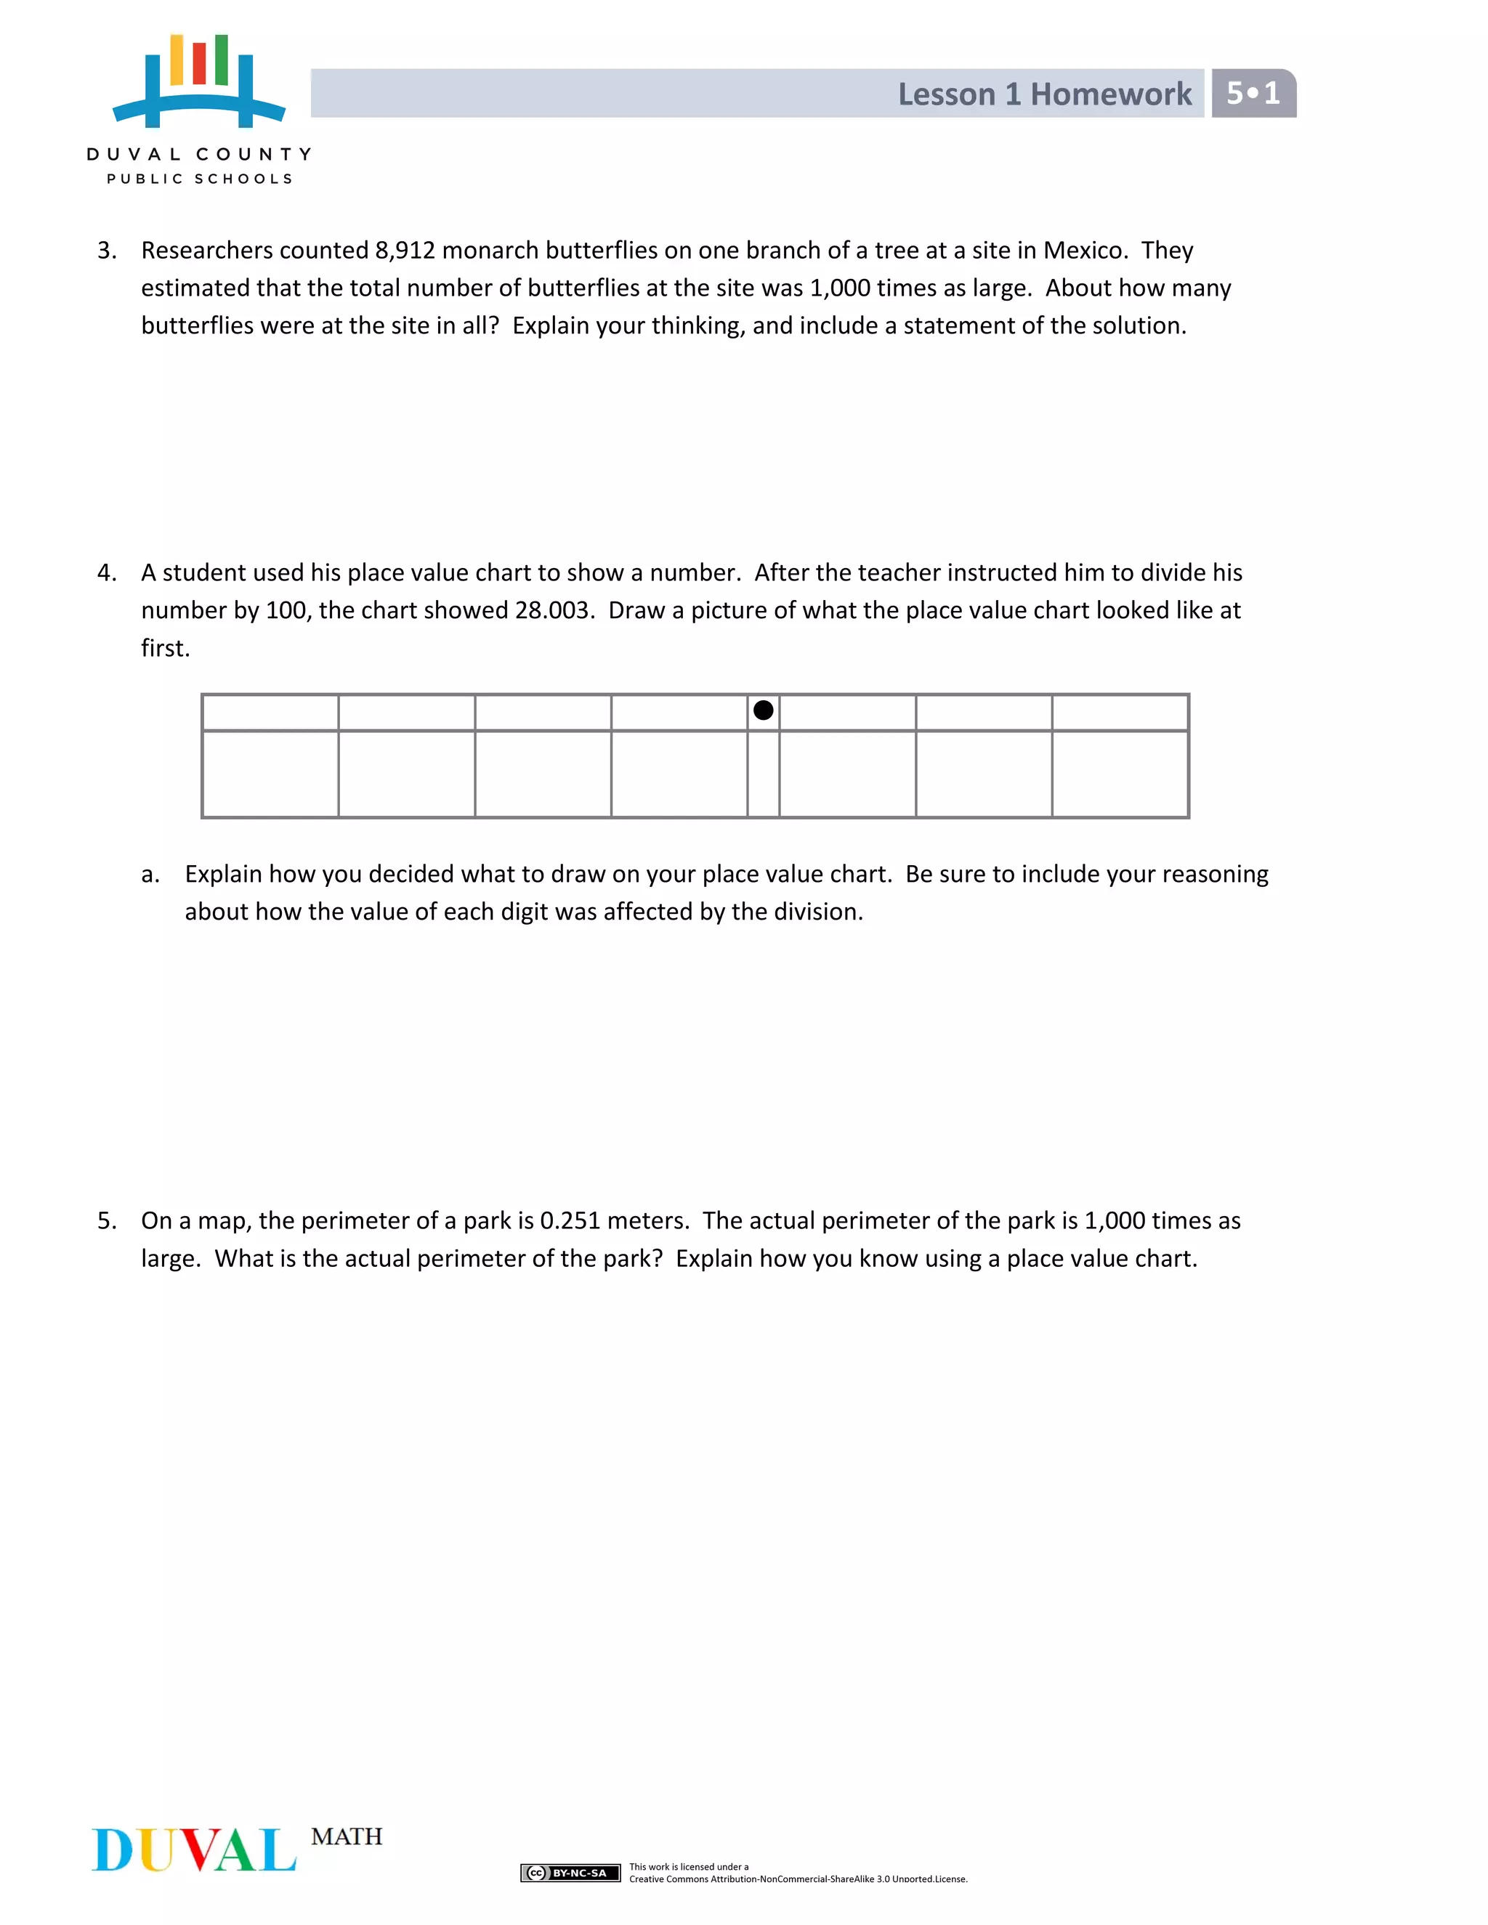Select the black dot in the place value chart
764,710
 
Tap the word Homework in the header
1111,94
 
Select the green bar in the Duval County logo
222,60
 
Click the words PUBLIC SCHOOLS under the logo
199,179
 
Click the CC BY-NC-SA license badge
570,1873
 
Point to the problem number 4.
106,573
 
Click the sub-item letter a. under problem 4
150,875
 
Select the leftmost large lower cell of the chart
270,774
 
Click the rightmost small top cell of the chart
1120,712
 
